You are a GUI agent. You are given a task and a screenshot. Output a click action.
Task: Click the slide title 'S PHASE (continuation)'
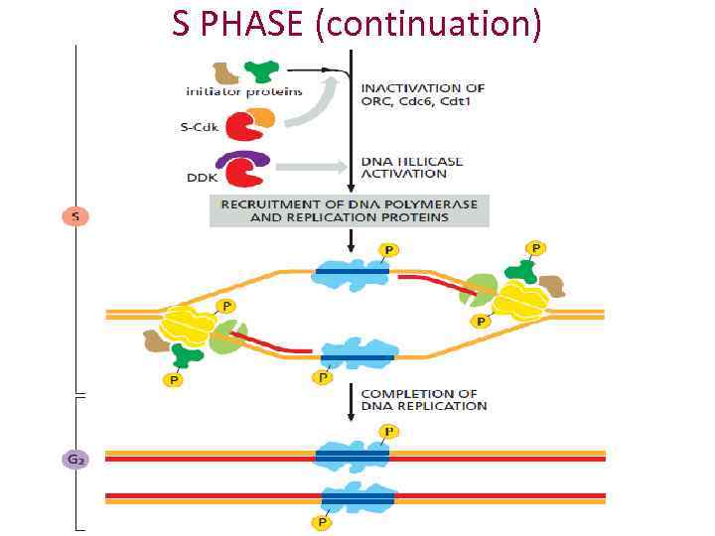click(357, 22)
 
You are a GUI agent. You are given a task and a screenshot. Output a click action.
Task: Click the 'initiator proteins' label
click(230, 92)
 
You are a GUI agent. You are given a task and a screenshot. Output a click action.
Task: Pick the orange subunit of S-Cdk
click(262, 119)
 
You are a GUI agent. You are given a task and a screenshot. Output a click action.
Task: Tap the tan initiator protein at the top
click(226, 72)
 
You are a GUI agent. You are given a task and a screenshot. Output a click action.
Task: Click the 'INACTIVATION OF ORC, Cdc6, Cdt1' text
click(422, 94)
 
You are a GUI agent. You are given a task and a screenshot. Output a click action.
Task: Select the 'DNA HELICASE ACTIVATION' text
click(411, 167)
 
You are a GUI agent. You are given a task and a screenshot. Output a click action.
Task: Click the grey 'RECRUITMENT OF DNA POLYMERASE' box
click(349, 210)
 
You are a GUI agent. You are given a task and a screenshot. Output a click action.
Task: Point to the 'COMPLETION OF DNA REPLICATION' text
click(423, 399)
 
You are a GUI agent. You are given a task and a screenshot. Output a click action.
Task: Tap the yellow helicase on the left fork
click(190, 322)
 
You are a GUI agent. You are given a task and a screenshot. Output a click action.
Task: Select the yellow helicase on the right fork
click(520, 298)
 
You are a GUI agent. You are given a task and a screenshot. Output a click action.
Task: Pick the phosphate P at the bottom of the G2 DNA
click(319, 521)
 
